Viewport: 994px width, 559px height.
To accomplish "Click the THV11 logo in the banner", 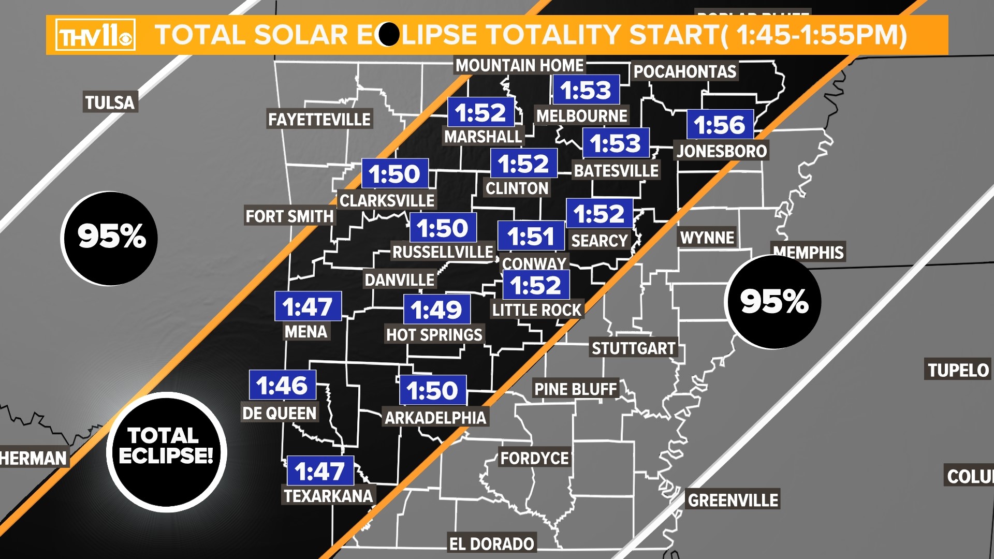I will (x=96, y=35).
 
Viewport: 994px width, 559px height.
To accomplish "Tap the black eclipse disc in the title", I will (x=389, y=35).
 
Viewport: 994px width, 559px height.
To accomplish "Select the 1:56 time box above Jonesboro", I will (x=720, y=125).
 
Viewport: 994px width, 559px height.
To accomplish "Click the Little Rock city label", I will (x=537, y=310).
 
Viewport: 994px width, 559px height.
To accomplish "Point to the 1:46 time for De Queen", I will (x=282, y=385).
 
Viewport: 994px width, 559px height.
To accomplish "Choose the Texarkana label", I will (x=328, y=496).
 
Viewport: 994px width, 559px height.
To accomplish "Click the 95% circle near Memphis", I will (x=774, y=302).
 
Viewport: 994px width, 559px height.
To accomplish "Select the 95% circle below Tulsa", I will (x=110, y=238).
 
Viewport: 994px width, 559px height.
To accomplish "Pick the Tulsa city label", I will (x=110, y=102).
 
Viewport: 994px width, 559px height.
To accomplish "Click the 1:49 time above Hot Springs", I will (x=436, y=310).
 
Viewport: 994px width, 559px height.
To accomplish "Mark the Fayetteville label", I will (x=319, y=120).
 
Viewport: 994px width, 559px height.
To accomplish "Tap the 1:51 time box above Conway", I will (x=531, y=237).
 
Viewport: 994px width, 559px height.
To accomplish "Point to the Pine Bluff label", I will (x=575, y=389).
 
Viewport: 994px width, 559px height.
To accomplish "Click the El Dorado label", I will (x=491, y=543).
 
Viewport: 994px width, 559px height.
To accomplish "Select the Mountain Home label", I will (x=519, y=66).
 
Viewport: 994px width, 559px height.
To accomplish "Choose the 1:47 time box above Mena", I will (x=308, y=306).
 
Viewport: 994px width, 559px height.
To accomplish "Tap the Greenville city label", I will (x=733, y=500).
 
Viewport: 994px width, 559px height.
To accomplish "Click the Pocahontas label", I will (x=684, y=71).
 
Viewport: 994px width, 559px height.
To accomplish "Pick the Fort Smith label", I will (x=289, y=216).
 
